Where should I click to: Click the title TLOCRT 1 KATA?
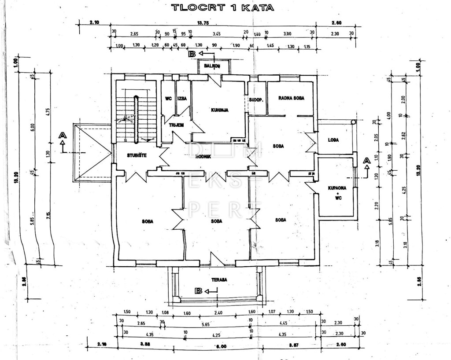[222, 7]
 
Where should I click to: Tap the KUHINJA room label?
[219, 110]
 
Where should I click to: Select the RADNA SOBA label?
[291, 98]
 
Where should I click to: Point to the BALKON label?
[213, 66]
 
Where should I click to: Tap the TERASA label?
[218, 279]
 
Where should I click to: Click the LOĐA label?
[333, 140]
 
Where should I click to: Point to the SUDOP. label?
[256, 100]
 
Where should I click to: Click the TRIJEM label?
[176, 125]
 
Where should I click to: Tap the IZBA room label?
[182, 99]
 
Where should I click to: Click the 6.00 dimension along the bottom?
[221, 346]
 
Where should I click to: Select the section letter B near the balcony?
[192, 54]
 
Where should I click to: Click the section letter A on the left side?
[63, 135]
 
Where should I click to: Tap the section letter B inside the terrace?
[199, 291]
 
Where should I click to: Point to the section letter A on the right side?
[366, 161]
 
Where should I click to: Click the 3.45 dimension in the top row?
[216, 34]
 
